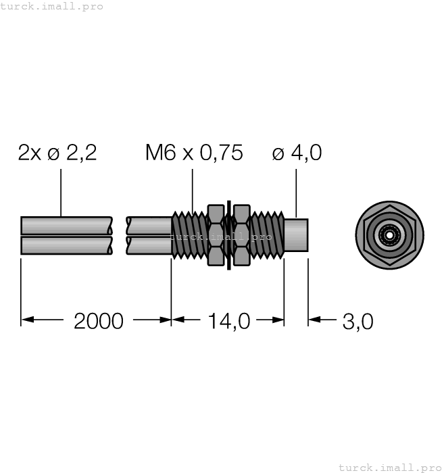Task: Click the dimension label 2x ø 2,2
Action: coord(57,153)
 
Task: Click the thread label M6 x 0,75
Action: coord(194,153)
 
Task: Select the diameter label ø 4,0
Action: coord(297,153)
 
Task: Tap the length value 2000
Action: coord(99,321)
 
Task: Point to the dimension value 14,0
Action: coord(228,321)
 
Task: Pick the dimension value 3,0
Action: coord(358,321)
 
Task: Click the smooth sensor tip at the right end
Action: coord(296,234)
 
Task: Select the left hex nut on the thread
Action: coord(215,234)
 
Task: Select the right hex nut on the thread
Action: coord(241,234)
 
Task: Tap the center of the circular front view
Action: coord(389,234)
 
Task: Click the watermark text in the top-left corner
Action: coord(52,6)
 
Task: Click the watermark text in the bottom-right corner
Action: coord(389,467)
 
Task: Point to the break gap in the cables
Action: coord(120,234)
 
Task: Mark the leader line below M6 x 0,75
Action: coord(193,189)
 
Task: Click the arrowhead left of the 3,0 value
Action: coord(314,321)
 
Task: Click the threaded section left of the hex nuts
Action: coord(188,234)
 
